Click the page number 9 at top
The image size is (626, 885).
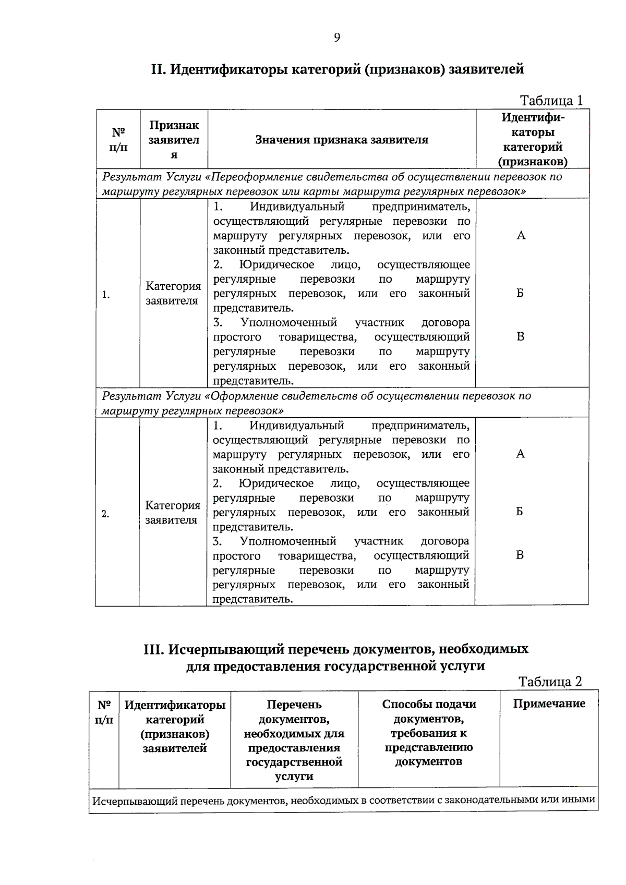coord(337,38)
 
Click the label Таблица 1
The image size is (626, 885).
coord(551,101)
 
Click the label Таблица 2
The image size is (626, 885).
coord(550,682)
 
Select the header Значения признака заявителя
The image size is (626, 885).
coord(342,140)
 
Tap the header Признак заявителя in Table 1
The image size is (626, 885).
coord(174,139)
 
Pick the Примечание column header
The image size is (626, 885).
coord(549,704)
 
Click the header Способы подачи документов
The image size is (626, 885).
coord(429,733)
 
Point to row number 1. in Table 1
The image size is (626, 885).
coord(106,295)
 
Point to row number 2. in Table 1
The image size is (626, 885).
coord(105,514)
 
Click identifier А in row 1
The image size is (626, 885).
coord(521,236)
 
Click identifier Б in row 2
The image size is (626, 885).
coord(520,512)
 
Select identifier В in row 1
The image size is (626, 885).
coord(520,337)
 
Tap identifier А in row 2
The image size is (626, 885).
coord(520,454)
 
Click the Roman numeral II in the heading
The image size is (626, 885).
coord(158,69)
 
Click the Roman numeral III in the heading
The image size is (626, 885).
coord(154,649)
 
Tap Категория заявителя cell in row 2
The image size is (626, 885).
coord(173,513)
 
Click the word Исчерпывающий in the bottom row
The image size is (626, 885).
coord(134,801)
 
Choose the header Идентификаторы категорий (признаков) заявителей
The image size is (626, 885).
coord(175,726)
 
